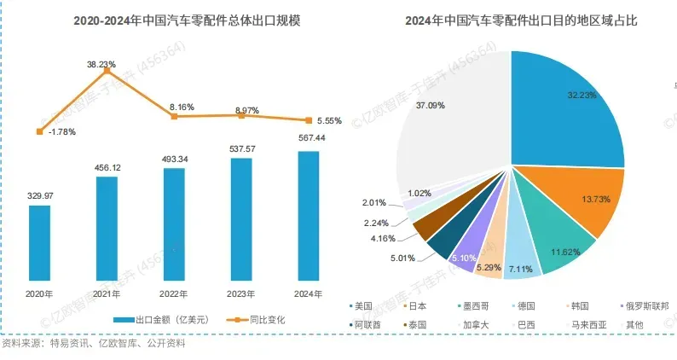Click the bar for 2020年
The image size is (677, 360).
[39, 243]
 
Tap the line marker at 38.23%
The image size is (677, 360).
[107, 71]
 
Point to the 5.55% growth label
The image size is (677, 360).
[327, 121]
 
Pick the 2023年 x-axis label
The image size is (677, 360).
[240, 293]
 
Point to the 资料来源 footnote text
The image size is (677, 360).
[94, 345]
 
